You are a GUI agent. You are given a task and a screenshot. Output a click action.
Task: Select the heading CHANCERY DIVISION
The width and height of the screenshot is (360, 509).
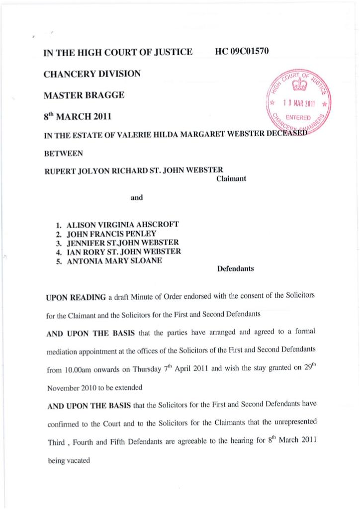pyautogui.click(x=92, y=74)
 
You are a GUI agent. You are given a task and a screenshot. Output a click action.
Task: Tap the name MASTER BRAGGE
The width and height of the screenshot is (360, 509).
pyautogui.click(x=84, y=95)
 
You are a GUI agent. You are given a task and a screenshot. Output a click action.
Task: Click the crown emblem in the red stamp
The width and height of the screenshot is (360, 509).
pyautogui.click(x=299, y=87)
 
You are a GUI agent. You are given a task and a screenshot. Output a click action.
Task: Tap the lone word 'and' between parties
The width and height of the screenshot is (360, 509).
pyautogui.click(x=136, y=198)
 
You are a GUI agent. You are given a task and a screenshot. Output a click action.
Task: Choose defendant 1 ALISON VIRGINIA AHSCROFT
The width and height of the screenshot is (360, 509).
pyautogui.click(x=122, y=224)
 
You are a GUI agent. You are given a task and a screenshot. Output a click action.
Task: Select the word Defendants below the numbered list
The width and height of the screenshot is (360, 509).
pyautogui.click(x=236, y=269)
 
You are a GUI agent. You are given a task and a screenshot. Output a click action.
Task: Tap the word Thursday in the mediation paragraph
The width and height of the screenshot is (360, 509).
pyautogui.click(x=150, y=370)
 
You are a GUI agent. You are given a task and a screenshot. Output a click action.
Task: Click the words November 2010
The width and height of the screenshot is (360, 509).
pyautogui.click(x=72, y=388)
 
